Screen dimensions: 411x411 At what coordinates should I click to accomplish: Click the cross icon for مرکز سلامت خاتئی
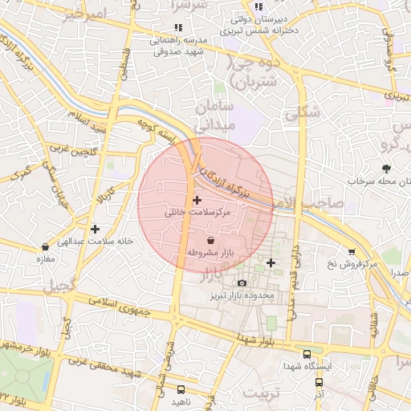tap(197, 199)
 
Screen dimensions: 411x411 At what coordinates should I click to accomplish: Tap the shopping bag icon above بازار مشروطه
tap(210, 240)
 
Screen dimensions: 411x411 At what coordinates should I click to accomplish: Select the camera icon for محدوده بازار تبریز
tap(242, 283)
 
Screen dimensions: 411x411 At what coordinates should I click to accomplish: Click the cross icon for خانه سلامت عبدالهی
tap(96, 229)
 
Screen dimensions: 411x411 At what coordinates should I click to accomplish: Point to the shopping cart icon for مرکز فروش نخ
tap(351, 252)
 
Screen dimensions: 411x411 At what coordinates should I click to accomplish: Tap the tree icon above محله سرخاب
tap(387, 169)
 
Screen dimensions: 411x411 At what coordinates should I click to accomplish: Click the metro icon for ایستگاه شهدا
tap(307, 354)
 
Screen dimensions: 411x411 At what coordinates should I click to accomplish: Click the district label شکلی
tap(303, 113)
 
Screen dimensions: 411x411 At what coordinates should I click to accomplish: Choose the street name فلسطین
tap(124, 61)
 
